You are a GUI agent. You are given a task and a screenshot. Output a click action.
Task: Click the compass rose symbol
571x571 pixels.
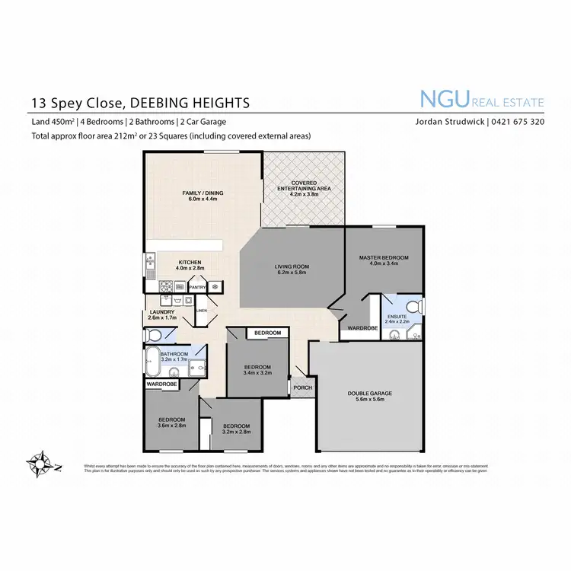click(x=40, y=461)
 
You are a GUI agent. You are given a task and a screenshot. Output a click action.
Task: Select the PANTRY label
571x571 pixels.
click(x=197, y=287)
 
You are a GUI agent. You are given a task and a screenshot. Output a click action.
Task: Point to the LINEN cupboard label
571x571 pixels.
click(x=201, y=311)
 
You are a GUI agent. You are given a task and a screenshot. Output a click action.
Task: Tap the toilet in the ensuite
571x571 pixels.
click(x=422, y=308)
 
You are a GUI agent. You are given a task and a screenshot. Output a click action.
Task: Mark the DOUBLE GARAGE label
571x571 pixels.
click(x=370, y=393)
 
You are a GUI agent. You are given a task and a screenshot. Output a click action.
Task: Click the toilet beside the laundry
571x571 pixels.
click(x=154, y=335)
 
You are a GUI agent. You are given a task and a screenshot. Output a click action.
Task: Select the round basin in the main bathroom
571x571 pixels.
click(x=174, y=372)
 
